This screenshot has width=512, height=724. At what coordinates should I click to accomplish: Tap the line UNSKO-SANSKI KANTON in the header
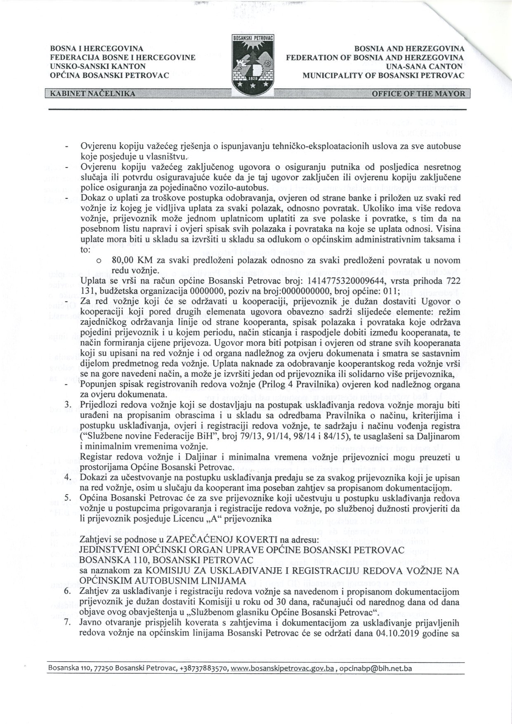tap(97, 66)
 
